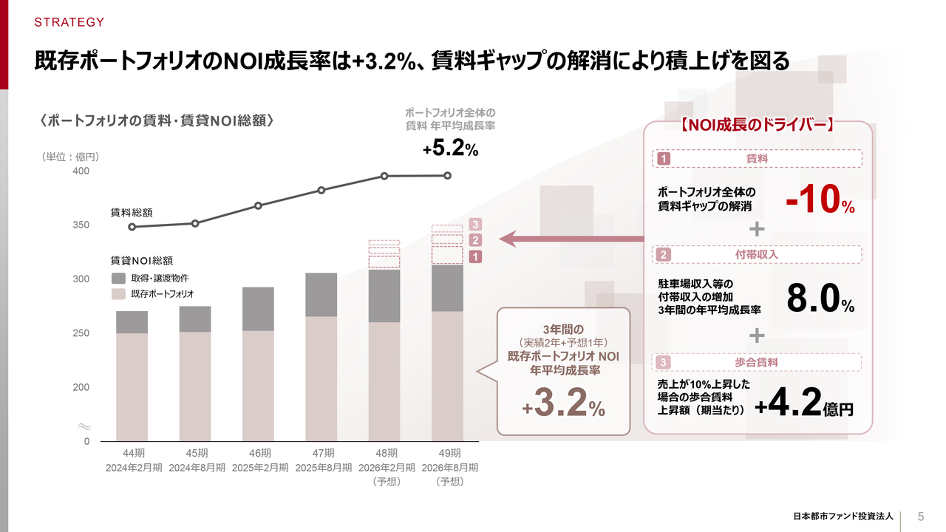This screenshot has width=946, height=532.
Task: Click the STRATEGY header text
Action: [x=69, y=22]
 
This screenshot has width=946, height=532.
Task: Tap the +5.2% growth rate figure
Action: [x=450, y=149]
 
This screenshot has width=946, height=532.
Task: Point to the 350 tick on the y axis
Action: [x=81, y=225]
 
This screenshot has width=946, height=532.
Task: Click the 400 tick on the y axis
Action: [x=81, y=171]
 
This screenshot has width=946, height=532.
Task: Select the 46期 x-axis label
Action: [x=260, y=453]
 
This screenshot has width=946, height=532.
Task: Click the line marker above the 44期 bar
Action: [x=132, y=227]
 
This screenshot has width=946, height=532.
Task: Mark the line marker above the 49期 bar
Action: [x=448, y=175]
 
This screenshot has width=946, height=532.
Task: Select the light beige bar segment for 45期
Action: [x=195, y=386]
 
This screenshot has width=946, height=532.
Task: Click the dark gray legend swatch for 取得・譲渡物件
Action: [x=118, y=278]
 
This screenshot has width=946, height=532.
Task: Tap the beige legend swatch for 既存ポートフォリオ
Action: [x=118, y=293]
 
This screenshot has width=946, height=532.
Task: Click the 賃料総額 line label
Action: [x=132, y=212]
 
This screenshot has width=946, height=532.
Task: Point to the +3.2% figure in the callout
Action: [x=563, y=403]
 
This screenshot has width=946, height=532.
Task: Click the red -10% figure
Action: [x=820, y=199]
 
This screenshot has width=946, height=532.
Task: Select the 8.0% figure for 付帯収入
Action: [x=820, y=299]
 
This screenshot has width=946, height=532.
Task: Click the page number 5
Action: [x=921, y=516]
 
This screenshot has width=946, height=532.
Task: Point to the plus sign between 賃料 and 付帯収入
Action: [x=757, y=228]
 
